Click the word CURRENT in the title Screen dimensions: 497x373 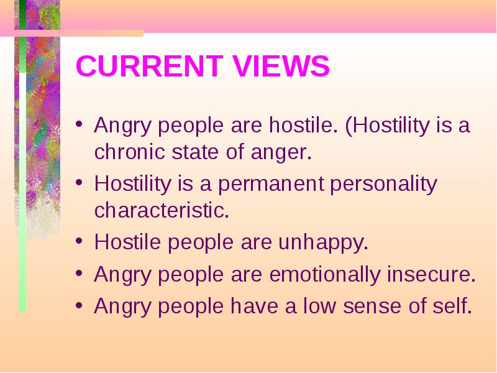click(x=150, y=66)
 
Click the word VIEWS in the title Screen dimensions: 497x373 click(x=281, y=66)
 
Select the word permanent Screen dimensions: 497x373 click(x=271, y=185)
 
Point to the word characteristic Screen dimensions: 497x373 click(x=162, y=210)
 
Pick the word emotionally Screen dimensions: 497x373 click(x=324, y=275)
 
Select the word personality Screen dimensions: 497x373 click(x=383, y=185)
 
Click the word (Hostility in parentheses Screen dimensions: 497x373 click(x=387, y=126)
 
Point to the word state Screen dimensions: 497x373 click(x=195, y=152)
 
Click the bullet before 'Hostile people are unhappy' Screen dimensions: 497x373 click(x=80, y=241)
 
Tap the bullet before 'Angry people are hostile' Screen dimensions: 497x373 click(x=80, y=123)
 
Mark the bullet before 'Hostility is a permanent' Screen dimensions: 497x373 click(x=80, y=182)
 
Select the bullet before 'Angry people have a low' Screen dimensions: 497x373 click(x=80, y=305)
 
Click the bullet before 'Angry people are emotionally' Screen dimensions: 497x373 click(x=80, y=273)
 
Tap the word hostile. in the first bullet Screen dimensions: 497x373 click(x=303, y=125)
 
